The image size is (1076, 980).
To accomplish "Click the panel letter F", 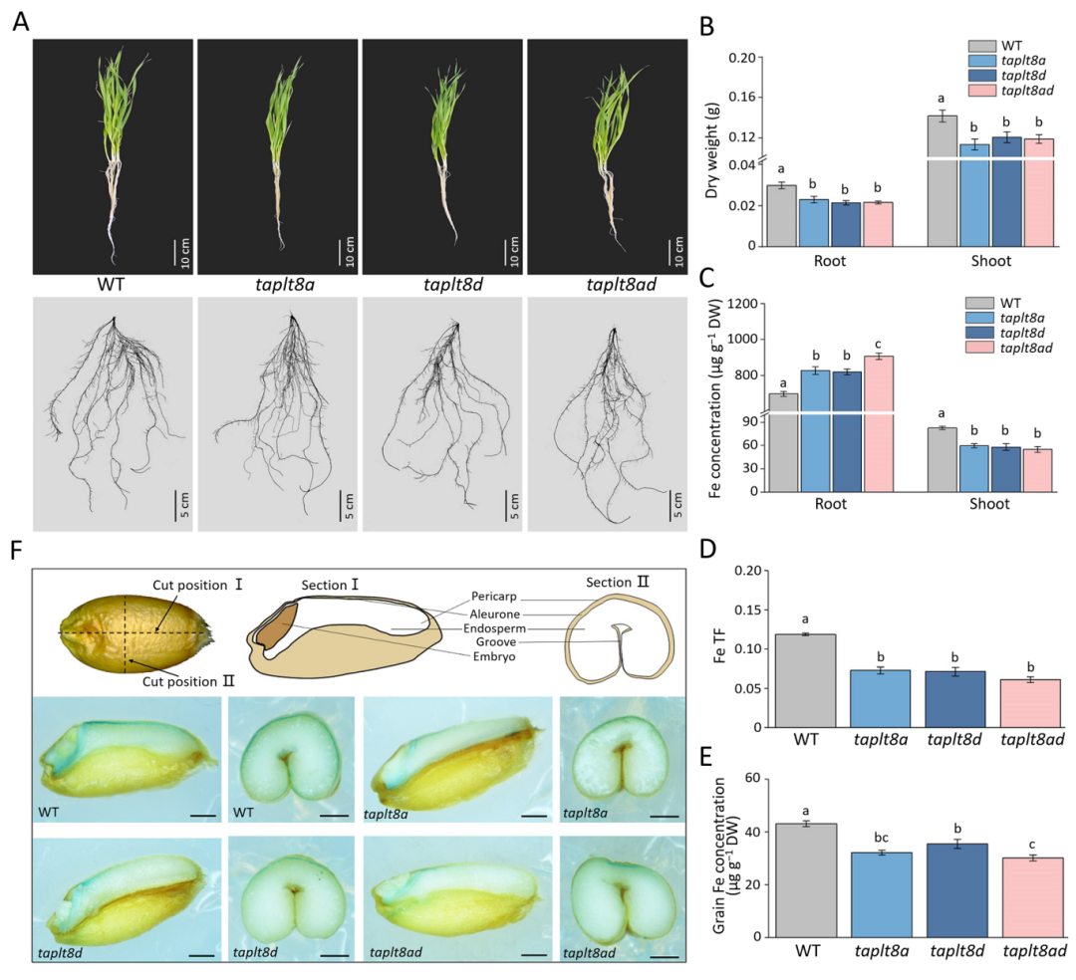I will pyautogui.click(x=19, y=551).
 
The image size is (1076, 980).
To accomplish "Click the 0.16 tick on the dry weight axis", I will pyautogui.click(x=735, y=97).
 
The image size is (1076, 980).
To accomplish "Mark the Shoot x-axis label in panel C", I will pyautogui.click(x=989, y=504).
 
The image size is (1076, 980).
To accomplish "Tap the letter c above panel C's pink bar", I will pyautogui.click(x=878, y=344).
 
